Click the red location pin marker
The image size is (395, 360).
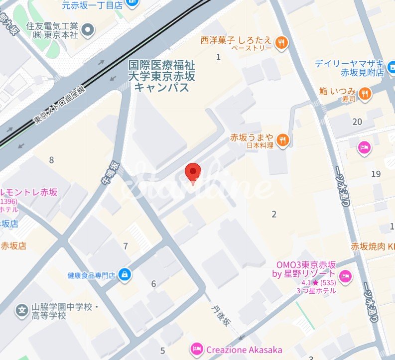click(x=193, y=172)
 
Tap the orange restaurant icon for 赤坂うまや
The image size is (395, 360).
click(x=283, y=141)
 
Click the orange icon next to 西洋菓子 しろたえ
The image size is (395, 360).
click(x=282, y=43)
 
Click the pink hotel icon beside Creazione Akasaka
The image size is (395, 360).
click(x=197, y=349)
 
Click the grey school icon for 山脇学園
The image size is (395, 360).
click(x=22, y=311)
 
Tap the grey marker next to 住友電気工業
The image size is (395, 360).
click(x=88, y=31)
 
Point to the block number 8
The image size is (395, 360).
click(x=51, y=160)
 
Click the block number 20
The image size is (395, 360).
click(x=357, y=121)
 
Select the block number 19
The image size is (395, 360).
click(x=376, y=174)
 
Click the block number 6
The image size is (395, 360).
click(x=153, y=284)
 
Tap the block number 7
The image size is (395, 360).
click(x=126, y=246)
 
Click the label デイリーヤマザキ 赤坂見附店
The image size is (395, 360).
click(x=350, y=67)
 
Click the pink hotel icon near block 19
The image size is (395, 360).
click(x=364, y=148)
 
